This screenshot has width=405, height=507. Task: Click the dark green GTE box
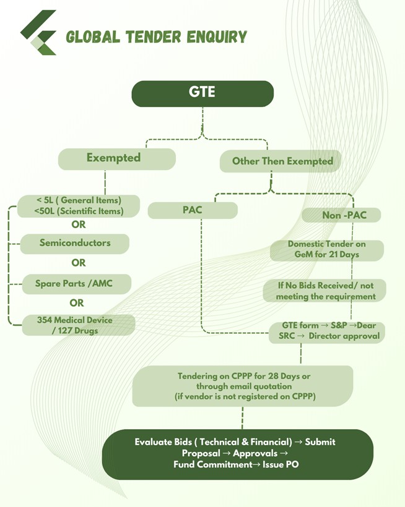point(202,93)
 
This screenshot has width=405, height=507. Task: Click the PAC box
point(193,210)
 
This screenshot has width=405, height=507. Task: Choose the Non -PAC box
point(341,215)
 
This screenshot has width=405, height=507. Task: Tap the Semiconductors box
point(75,243)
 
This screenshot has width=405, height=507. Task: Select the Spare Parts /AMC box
point(75,284)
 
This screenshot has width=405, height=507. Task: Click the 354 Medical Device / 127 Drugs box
point(78,325)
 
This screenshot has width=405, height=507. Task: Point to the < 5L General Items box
point(79,205)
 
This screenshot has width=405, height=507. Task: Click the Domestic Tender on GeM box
point(326,249)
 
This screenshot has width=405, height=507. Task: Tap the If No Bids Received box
point(325,291)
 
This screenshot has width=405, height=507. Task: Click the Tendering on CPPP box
point(243,386)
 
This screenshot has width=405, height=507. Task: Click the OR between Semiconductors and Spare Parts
point(78,263)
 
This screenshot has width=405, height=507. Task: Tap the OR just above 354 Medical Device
point(77,303)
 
